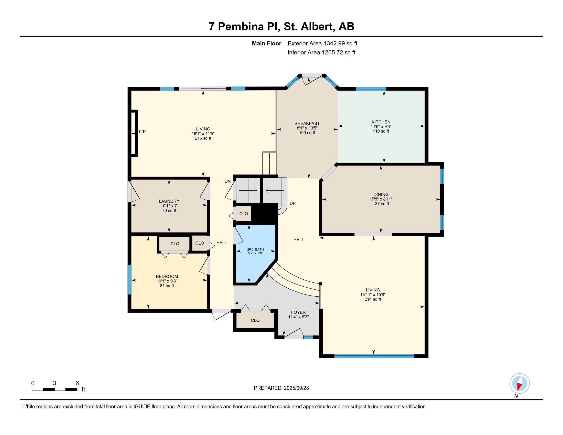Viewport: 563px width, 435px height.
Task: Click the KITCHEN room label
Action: click(x=381, y=122)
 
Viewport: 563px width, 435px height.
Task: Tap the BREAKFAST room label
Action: click(x=307, y=123)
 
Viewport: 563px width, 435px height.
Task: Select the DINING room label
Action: click(x=381, y=194)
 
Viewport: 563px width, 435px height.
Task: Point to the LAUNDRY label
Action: click(x=169, y=201)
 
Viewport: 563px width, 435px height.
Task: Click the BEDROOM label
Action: click(x=167, y=277)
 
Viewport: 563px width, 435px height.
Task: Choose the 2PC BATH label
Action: click(x=255, y=249)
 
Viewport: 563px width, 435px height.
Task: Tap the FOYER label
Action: click(x=298, y=312)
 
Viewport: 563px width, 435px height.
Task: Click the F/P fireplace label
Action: click(x=142, y=132)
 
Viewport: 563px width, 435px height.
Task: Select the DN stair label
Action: click(x=227, y=181)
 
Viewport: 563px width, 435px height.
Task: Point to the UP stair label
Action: click(x=293, y=203)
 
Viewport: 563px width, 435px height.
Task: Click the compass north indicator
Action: click(x=519, y=383)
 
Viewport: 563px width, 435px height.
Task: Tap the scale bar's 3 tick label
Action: click(x=55, y=383)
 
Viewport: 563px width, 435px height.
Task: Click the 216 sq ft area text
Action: click(x=203, y=138)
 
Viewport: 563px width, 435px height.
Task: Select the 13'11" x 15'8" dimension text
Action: click(x=373, y=295)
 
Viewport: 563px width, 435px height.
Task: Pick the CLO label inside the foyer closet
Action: click(x=255, y=320)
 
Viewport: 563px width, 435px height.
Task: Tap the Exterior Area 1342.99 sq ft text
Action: click(x=322, y=43)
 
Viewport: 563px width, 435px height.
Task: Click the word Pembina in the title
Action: click(x=241, y=27)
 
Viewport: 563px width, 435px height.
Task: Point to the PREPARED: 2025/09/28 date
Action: click(x=281, y=388)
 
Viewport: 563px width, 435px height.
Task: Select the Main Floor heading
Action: click(x=267, y=43)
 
